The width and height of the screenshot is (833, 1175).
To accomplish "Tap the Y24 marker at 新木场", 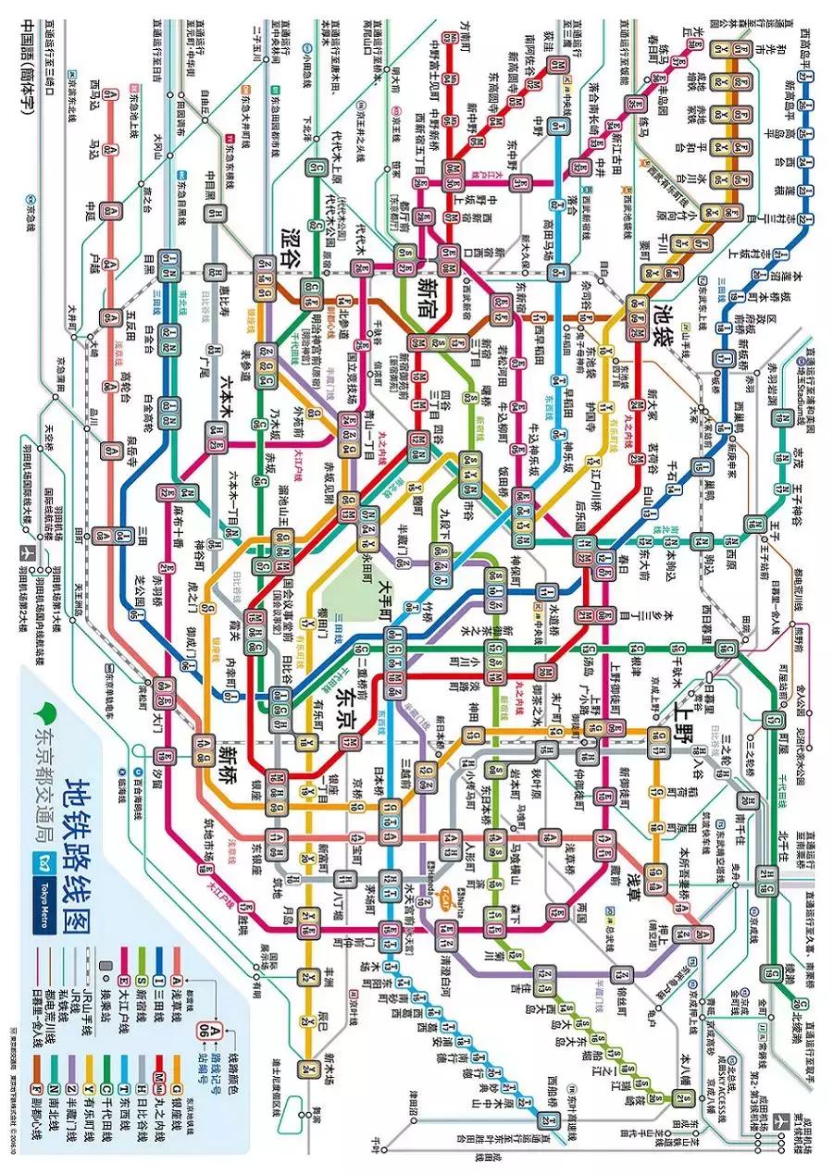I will point(306,1070).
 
